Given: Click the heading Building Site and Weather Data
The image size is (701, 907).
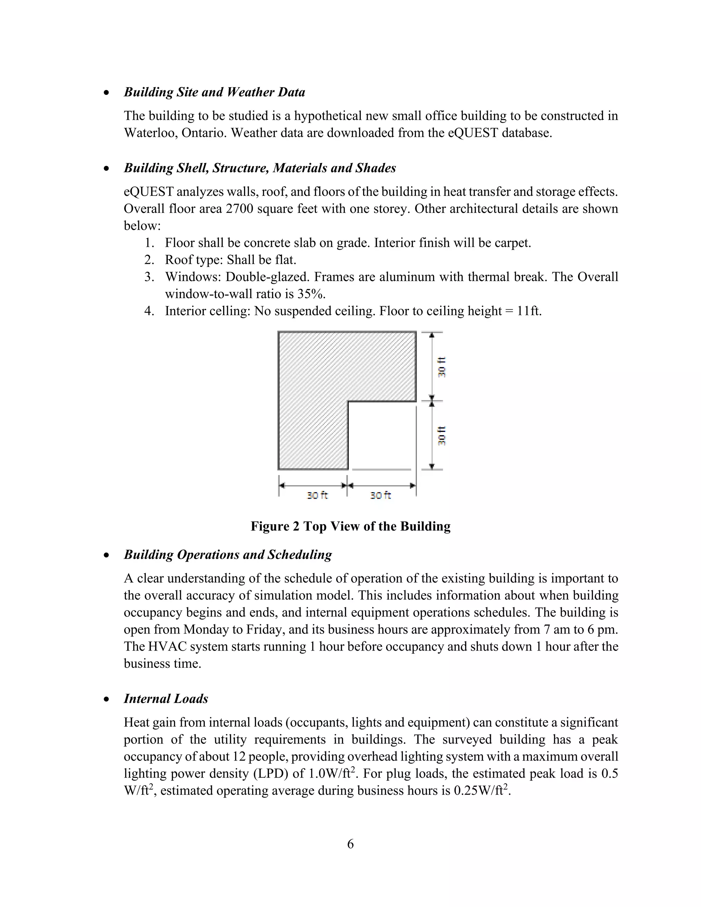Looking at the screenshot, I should pos(214,92).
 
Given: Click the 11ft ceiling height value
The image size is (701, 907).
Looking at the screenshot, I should pos(529,311).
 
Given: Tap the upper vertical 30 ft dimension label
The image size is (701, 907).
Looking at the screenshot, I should pos(442,367).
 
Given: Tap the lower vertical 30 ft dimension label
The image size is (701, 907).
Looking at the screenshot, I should pos(442,436).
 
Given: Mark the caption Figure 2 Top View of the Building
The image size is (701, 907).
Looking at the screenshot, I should pos(350,527).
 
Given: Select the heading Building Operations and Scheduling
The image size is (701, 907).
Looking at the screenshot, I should pos(228,555).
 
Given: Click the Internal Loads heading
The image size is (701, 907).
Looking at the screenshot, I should pos(166,699).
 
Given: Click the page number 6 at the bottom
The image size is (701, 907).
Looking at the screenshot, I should pos(350,844).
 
